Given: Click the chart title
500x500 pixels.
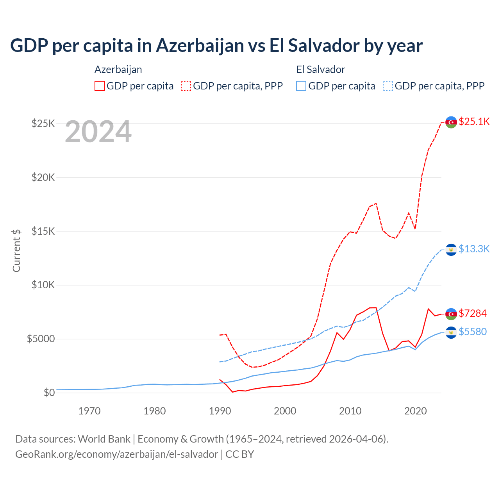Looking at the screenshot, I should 216,46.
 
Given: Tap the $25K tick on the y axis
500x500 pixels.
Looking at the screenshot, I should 43,124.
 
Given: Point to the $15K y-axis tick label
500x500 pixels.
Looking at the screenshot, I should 43,231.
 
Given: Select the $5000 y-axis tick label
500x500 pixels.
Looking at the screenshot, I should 41,339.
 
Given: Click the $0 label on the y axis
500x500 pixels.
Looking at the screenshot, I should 49,393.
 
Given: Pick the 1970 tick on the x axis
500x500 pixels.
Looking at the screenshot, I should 89,411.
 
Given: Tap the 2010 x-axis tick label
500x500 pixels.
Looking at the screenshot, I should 350,411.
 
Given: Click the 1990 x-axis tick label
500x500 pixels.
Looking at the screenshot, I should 220,411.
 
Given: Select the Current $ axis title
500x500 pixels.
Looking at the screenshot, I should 16,250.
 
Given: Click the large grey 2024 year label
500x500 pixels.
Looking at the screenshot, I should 98,132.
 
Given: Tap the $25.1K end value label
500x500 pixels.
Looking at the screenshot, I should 474,122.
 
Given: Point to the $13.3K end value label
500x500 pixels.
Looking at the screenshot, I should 474,249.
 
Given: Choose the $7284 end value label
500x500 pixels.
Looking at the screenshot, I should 473,313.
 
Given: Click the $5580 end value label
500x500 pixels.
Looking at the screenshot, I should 473,332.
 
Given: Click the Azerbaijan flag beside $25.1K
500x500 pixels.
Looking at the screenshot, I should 451,122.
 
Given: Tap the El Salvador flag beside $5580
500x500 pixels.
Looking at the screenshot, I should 451,332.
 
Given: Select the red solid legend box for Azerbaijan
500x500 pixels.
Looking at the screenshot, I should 100,86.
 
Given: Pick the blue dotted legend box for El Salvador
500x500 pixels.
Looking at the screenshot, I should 388,86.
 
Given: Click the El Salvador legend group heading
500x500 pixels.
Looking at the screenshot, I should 321,70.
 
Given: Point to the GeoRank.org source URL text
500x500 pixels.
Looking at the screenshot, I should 116,454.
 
